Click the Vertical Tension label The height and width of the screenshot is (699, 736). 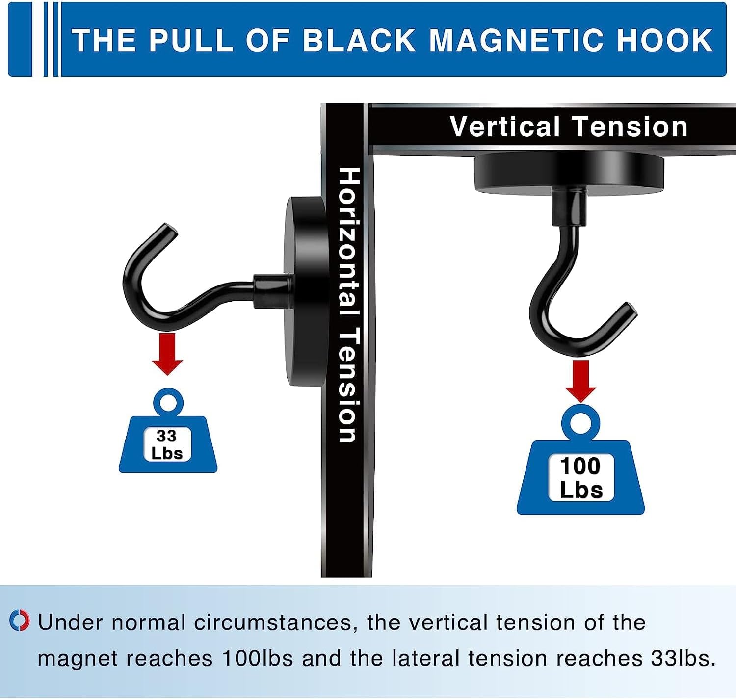click(x=568, y=127)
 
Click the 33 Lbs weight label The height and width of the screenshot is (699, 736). click(x=167, y=445)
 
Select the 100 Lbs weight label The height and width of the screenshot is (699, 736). click(x=580, y=478)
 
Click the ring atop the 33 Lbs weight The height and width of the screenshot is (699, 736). click(x=168, y=403)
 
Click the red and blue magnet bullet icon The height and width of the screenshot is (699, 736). click(x=20, y=621)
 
